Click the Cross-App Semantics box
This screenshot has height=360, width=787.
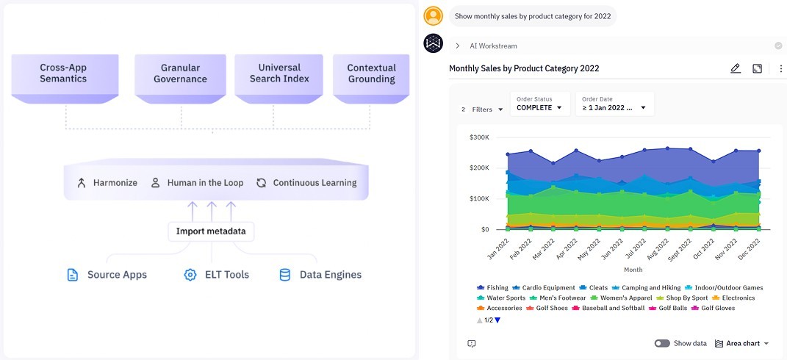pos(63,73)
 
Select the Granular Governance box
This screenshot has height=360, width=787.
pos(180,73)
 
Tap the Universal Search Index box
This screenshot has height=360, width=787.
pos(279,73)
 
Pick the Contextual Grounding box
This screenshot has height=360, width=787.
pos(371,73)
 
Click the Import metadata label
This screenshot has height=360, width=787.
pos(211,231)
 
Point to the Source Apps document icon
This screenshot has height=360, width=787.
pos(72,275)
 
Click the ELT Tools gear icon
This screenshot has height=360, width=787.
pos(190,275)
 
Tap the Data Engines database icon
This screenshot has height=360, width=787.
pos(285,275)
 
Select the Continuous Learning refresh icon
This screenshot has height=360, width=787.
pos(261,183)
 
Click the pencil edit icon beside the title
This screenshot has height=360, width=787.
pos(736,68)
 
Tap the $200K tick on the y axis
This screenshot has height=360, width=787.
pos(478,168)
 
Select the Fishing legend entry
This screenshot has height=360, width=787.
pos(492,288)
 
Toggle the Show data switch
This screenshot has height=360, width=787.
pos(662,343)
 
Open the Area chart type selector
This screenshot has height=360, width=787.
pos(742,343)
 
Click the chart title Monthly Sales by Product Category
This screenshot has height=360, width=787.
pos(524,68)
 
